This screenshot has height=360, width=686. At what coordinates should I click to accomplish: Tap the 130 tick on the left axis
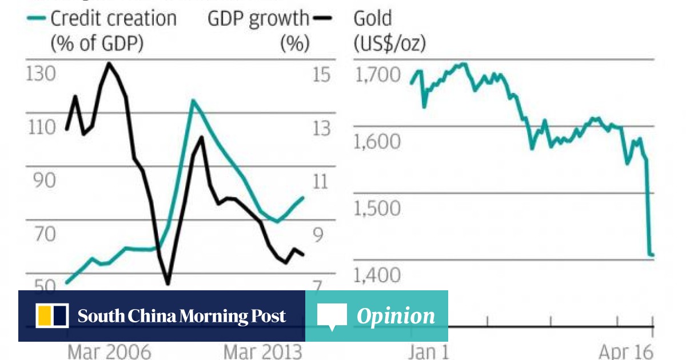coord(41,75)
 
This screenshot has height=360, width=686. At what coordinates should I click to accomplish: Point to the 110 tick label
coord(41,127)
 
